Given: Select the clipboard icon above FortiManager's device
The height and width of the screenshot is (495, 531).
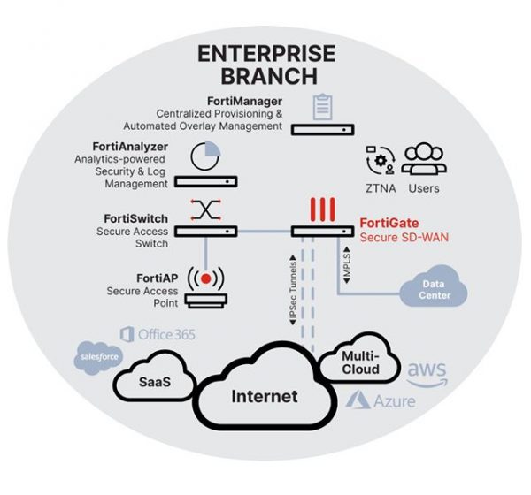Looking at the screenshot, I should (320, 107).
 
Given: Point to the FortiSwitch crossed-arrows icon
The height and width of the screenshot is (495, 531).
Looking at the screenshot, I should (205, 209).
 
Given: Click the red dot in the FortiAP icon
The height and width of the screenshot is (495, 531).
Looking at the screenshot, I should (205, 278).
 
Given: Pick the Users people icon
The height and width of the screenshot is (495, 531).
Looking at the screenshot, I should (424, 159).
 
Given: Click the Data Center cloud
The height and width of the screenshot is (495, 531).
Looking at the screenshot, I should (434, 290).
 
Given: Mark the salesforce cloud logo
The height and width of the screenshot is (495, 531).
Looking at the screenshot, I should (96, 355).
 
